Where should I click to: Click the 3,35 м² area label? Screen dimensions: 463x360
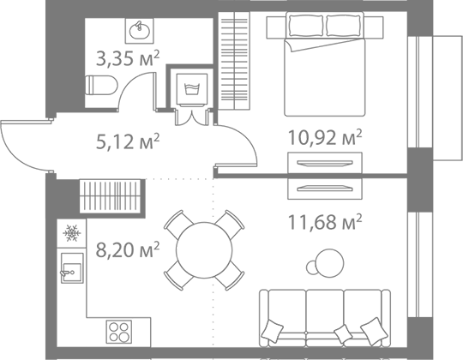pos(128,58)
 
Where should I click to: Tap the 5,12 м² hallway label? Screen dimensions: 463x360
pos(128,141)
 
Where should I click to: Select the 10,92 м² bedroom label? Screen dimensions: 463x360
pos(324,137)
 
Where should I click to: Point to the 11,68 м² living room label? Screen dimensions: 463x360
pos(324,222)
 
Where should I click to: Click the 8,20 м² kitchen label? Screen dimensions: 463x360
pos(128,249)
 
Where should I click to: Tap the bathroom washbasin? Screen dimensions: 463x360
pos(140,31)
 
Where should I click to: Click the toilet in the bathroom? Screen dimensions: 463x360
pos(101,85)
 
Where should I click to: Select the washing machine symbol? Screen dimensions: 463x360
pos(192,90)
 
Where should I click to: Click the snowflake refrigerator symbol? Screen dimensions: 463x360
pos(72,233)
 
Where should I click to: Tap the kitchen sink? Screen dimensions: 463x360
pos(72,268)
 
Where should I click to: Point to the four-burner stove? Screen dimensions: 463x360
pos(119,332)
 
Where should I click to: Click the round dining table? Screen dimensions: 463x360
pos(204,250)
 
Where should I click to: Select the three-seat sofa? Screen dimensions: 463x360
pos(325,318)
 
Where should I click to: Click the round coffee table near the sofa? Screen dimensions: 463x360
pos(329,263)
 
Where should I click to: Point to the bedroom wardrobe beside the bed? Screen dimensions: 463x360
pos(234,61)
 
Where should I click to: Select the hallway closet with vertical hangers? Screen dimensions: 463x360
pos(110,195)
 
